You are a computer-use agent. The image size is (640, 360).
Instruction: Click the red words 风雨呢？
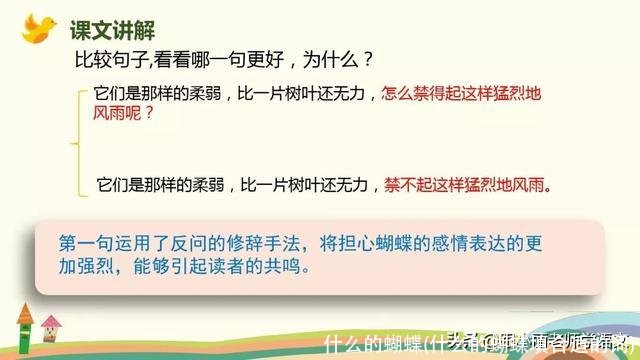point(124,114)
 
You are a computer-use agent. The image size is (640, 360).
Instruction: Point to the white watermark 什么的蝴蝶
point(365,343)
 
